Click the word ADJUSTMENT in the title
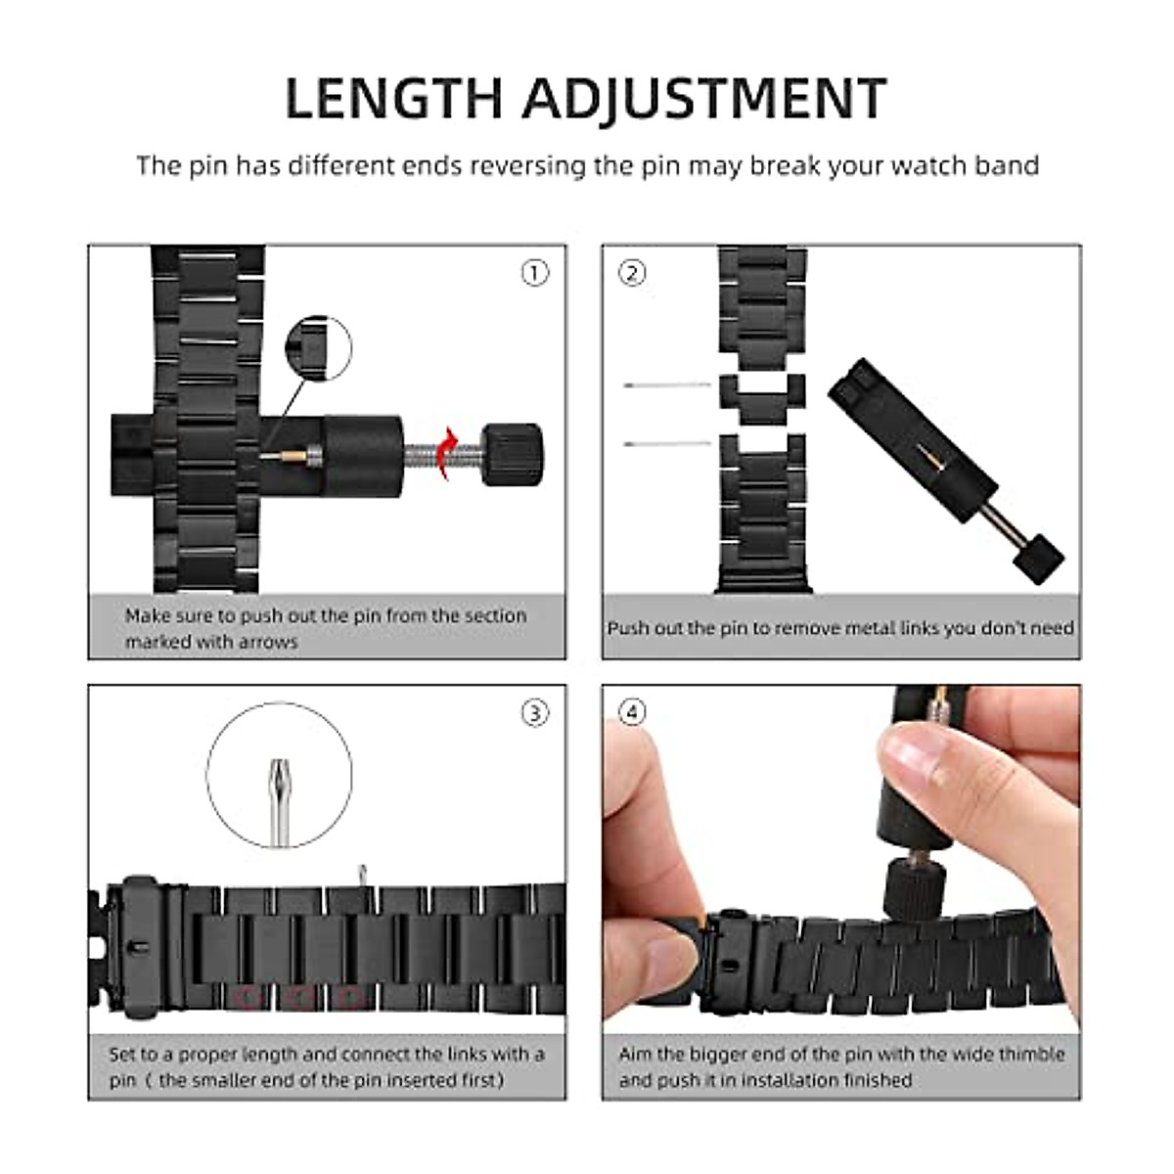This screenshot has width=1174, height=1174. [x=703, y=98]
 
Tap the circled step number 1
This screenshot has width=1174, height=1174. [x=534, y=273]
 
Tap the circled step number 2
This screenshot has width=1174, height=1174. [x=633, y=273]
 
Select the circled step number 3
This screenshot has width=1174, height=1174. [x=534, y=713]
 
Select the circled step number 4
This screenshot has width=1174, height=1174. [x=633, y=713]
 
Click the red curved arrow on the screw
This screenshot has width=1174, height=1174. [x=446, y=453]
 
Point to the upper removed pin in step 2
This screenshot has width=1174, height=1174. [x=667, y=385]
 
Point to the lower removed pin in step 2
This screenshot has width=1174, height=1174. [x=667, y=444]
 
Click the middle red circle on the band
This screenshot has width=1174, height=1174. [x=301, y=997]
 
